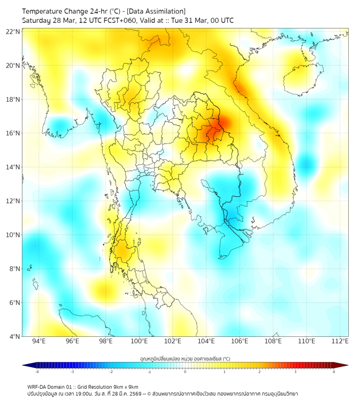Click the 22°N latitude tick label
tap(13, 31)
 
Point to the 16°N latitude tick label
tap(13, 133)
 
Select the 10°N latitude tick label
tap(13, 235)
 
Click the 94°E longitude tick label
tap(39, 342)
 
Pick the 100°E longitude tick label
tap(139, 342)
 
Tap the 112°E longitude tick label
tap(340, 342)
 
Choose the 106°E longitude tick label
tap(240, 342)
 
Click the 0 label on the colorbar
tap(185, 372)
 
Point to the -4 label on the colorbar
tap(36, 372)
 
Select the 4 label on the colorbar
tap(334, 372)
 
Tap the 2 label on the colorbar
tap(260, 372)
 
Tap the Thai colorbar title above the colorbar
tap(185, 359)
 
